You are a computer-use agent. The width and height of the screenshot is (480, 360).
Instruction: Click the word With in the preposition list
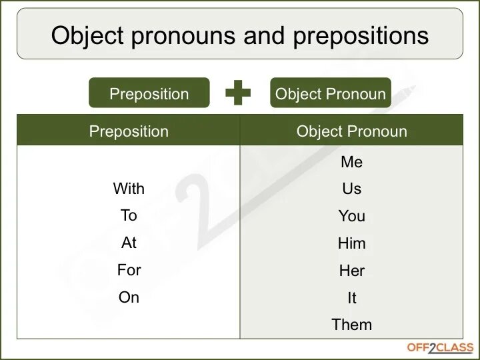pyautogui.click(x=129, y=189)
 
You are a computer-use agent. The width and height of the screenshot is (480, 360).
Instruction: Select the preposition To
pyautogui.click(x=129, y=215)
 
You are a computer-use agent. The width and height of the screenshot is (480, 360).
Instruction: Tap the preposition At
pyautogui.click(x=129, y=243)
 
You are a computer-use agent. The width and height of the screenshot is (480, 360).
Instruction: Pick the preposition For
pyautogui.click(x=129, y=270)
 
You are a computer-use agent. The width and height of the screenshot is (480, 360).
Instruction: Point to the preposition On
pyautogui.click(x=129, y=297)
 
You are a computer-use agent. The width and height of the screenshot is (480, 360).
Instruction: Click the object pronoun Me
pyautogui.click(x=351, y=162)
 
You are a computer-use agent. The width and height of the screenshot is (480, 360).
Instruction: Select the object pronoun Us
pyautogui.click(x=351, y=189)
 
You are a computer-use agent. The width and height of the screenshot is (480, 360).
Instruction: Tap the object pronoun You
pyautogui.click(x=351, y=216)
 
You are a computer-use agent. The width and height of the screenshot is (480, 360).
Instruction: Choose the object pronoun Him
pyautogui.click(x=351, y=243)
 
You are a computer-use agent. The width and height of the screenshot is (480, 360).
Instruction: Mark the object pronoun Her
pyautogui.click(x=351, y=271)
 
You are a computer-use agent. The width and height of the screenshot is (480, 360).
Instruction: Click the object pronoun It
pyautogui.click(x=351, y=298)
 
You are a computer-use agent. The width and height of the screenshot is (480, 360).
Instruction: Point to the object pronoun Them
pyautogui.click(x=351, y=325)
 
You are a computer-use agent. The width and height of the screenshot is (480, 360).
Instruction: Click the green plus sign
pyautogui.click(x=238, y=93)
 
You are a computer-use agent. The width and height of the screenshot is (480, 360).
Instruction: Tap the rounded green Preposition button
pyautogui.click(x=149, y=93)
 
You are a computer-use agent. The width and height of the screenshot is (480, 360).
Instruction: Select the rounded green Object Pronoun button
pyautogui.click(x=331, y=93)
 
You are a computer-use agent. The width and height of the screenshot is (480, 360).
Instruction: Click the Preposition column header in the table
pyautogui.click(x=129, y=131)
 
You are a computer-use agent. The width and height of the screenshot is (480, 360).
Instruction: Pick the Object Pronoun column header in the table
pyautogui.click(x=351, y=131)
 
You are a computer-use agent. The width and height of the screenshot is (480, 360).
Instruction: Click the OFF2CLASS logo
pyautogui.click(x=440, y=347)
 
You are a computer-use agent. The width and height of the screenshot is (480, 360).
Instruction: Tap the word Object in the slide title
pyautogui.click(x=89, y=35)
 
